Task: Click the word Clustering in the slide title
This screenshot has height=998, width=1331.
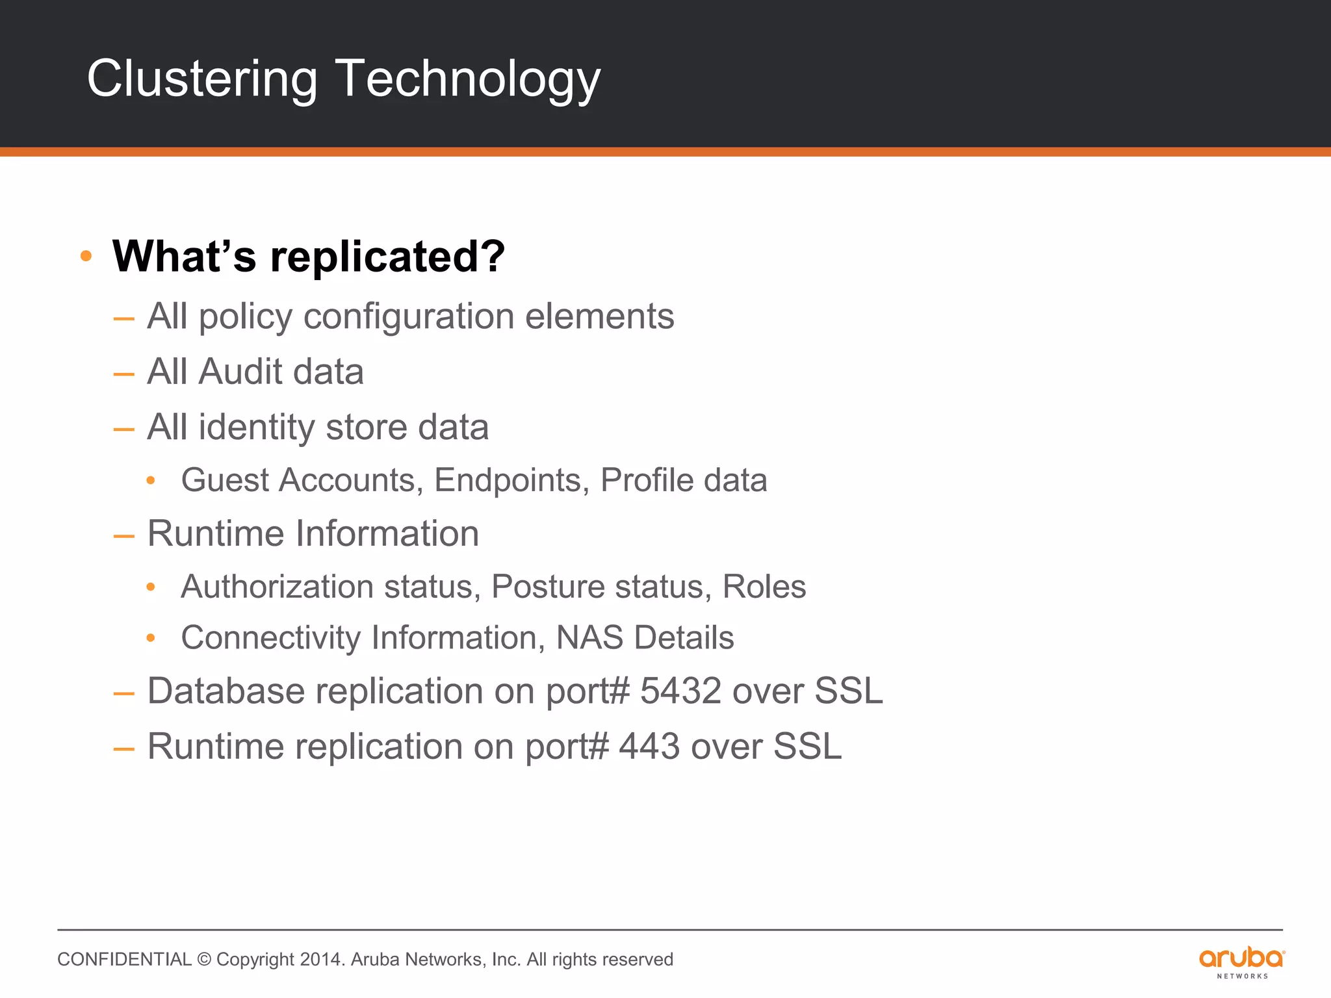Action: [202, 79]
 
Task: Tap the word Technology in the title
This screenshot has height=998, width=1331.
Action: [467, 79]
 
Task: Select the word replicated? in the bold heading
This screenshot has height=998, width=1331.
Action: [387, 256]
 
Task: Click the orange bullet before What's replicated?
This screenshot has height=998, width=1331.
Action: [86, 256]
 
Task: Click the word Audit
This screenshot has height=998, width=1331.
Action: [240, 372]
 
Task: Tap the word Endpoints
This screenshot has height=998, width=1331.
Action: [511, 480]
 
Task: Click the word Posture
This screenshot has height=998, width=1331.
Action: [547, 587]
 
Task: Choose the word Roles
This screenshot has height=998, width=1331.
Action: [764, 587]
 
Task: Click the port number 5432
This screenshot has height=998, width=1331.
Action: [680, 691]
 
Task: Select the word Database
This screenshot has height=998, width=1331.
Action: [226, 691]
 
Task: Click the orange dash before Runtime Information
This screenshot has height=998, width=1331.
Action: [123, 536]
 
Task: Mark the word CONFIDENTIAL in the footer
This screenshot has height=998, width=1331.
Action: [124, 960]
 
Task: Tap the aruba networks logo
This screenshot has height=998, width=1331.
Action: [1241, 962]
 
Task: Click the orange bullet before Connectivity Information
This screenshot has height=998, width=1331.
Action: [151, 638]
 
